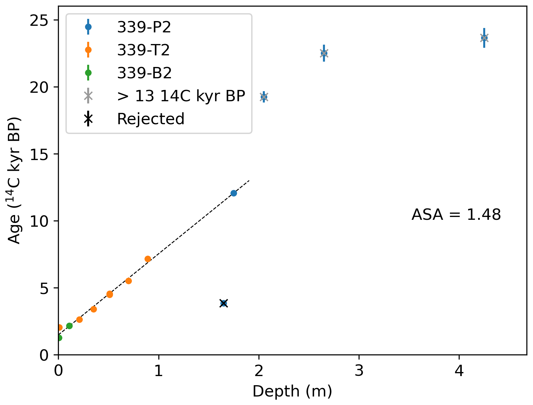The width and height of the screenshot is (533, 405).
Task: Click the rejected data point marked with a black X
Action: click(224, 303)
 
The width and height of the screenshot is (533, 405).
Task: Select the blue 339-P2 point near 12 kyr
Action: click(234, 193)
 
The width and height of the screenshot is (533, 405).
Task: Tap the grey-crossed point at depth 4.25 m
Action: click(484, 38)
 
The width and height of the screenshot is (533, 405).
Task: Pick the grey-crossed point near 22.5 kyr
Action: click(324, 53)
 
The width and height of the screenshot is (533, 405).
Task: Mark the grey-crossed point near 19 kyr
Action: click(264, 97)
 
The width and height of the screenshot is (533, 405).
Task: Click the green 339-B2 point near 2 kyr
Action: click(69, 326)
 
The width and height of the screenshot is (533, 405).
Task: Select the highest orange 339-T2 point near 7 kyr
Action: click(148, 259)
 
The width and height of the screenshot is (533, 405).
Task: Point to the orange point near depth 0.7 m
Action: click(128, 281)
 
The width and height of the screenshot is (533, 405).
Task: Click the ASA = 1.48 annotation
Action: click(456, 215)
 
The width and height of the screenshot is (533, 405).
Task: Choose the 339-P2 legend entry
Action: click(144, 27)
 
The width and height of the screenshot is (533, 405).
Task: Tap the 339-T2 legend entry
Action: click(143, 50)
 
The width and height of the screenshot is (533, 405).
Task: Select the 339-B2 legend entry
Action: click(144, 73)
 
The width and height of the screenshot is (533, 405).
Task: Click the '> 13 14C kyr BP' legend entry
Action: click(181, 96)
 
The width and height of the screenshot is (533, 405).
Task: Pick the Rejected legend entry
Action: click(150, 119)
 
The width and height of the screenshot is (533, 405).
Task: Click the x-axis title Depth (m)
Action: click(292, 391)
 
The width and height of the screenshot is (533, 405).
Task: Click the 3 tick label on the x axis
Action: click(359, 371)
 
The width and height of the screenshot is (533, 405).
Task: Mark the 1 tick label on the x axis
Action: click(158, 371)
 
